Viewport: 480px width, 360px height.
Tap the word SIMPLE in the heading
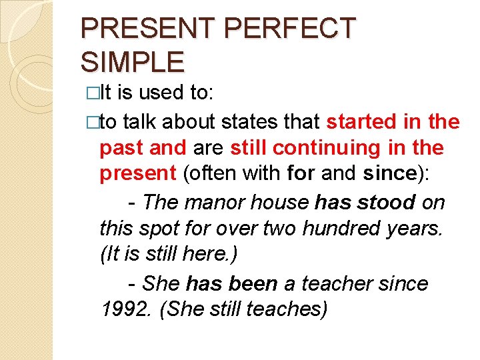[132, 62]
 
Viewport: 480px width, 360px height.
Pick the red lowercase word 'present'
[137, 173]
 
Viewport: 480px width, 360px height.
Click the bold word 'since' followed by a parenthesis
[390, 173]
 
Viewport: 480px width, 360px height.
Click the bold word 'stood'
[386, 201]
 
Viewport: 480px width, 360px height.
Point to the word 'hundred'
[337, 229]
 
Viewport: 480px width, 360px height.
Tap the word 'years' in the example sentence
[411, 229]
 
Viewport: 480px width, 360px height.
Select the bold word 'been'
[253, 284]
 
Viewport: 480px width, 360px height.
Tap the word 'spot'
[156, 229]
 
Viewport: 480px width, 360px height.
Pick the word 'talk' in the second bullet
[139, 122]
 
